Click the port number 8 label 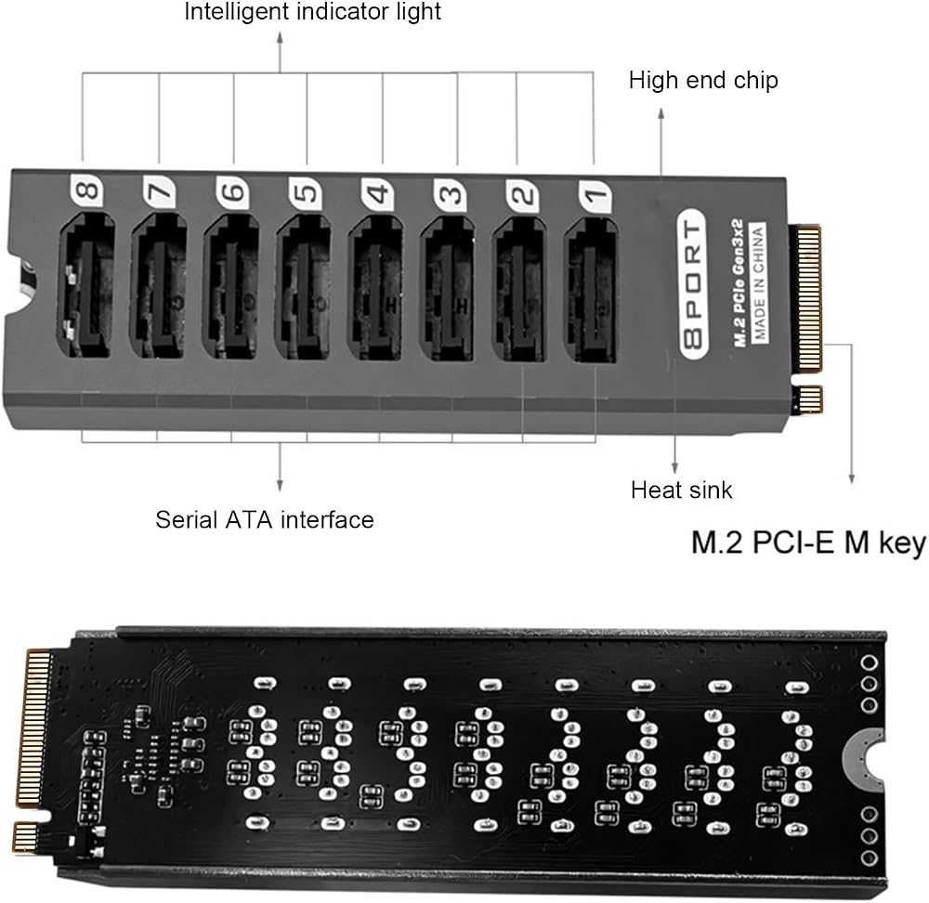tap(86, 190)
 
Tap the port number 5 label tap(306, 193)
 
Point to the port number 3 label tap(450, 194)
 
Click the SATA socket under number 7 tap(159, 287)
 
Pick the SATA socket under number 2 tap(519, 291)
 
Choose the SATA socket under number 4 tap(375, 289)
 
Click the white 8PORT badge tap(694, 284)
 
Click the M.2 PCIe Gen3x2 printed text tap(739, 282)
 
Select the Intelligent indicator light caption tap(313, 12)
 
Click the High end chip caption tap(703, 80)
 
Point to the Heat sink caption tap(681, 490)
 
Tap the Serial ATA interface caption tap(265, 519)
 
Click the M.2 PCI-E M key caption tap(808, 543)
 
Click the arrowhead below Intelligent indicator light tap(281, 37)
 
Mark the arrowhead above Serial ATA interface tap(281, 487)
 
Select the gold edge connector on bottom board tap(35, 752)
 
